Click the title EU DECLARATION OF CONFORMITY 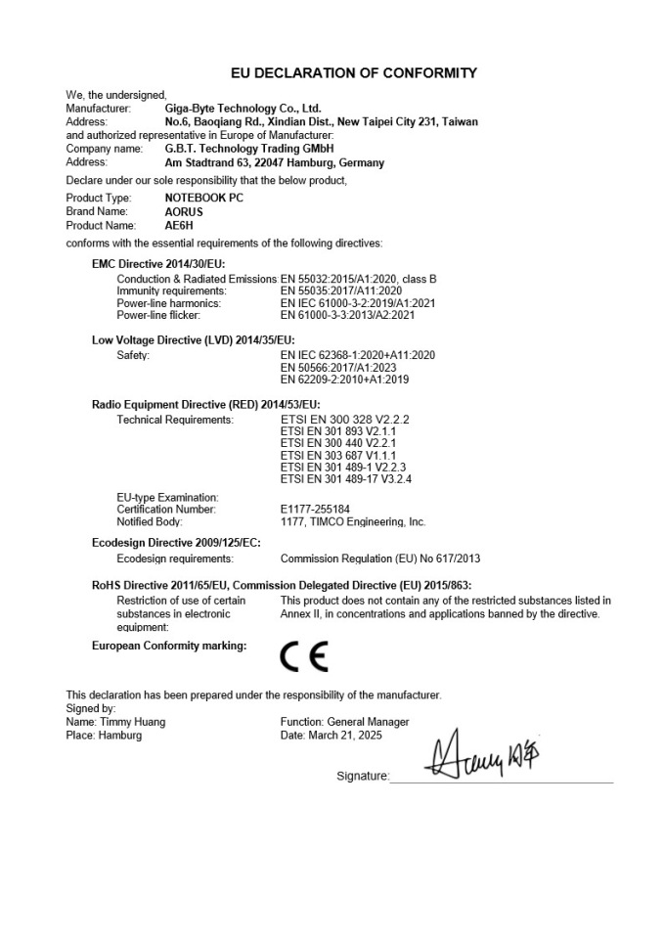[353, 73]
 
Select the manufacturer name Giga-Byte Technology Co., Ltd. [243, 109]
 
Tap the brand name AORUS [185, 210]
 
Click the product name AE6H [178, 224]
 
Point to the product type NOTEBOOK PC [204, 198]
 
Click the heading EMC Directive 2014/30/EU [158, 265]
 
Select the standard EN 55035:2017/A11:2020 [341, 291]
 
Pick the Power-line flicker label [158, 316]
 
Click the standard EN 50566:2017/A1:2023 [343, 367]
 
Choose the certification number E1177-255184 [315, 510]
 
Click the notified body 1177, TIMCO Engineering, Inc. [353, 522]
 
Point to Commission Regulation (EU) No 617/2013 [380, 559]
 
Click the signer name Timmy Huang [133, 722]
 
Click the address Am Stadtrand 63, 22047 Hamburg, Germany [275, 163]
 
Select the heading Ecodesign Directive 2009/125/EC [176, 542]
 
